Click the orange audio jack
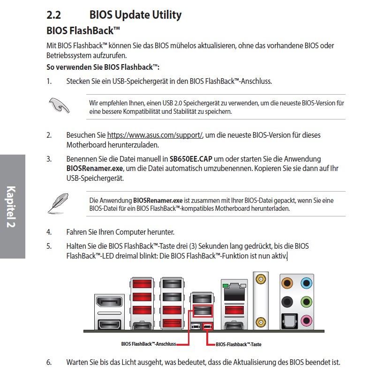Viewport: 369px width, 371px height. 287,283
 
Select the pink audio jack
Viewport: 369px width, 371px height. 307,320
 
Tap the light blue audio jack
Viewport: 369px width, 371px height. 307,283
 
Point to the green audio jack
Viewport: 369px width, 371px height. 307,302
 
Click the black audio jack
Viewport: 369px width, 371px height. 287,302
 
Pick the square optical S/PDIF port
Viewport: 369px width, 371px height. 289,321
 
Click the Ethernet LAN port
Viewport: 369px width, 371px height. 234,292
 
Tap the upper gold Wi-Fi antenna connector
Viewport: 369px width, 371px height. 261,280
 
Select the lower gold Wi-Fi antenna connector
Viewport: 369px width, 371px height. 261,322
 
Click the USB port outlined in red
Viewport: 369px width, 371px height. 203,311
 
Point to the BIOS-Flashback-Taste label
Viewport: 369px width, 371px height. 239,344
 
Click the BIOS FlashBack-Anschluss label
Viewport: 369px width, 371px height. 149,344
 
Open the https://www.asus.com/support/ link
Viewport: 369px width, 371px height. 155,135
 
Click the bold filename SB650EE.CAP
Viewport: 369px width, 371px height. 191,159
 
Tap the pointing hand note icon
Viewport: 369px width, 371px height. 59,105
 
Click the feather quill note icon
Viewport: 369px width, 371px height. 58,203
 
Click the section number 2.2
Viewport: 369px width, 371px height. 54,15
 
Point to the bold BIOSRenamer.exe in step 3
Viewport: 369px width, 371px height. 95,169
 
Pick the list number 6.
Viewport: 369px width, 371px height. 49,363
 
